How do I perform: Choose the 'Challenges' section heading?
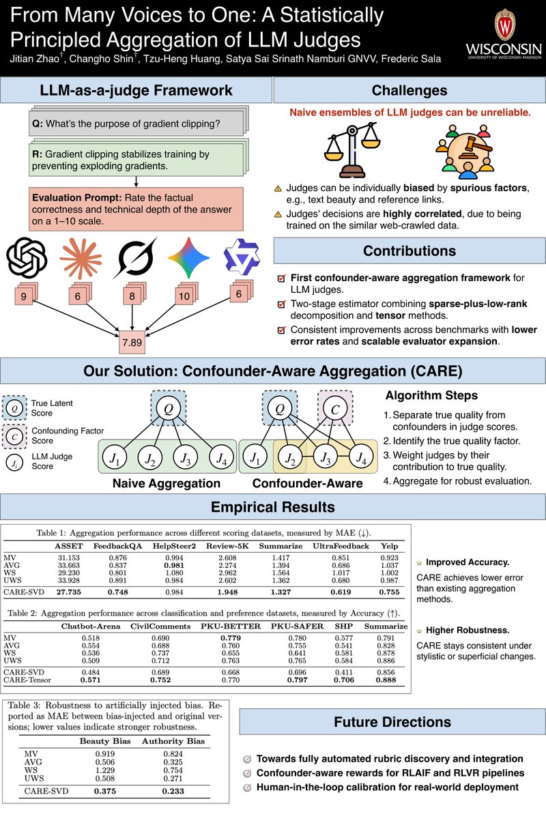(x=409, y=90)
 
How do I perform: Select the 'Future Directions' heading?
(x=392, y=722)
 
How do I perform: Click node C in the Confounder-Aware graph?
(x=334, y=409)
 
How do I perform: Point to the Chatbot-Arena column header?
(x=91, y=626)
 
